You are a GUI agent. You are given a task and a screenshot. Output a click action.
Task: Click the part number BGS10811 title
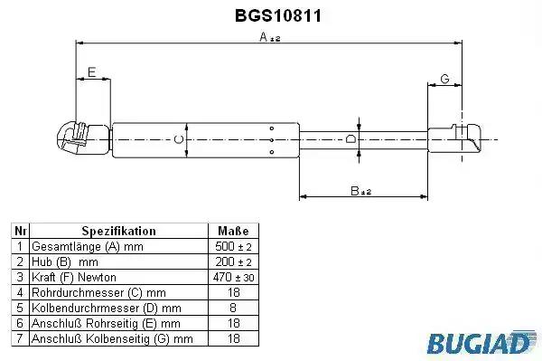tap(278, 15)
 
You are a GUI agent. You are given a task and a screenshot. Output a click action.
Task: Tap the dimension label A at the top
tap(270, 36)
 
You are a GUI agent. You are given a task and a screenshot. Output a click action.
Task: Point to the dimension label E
tap(91, 72)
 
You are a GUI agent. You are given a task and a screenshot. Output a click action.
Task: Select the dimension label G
tap(444, 79)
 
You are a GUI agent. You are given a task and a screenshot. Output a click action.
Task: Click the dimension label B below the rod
tap(360, 191)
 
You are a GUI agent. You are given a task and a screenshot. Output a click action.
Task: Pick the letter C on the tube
tap(178, 139)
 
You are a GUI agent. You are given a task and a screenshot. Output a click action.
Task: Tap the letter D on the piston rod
tap(350, 138)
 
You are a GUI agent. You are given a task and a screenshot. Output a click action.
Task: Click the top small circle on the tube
tap(272, 128)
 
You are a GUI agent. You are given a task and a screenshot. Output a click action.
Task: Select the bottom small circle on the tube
tap(272, 152)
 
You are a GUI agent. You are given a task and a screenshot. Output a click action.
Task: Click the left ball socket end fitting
tap(83, 138)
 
